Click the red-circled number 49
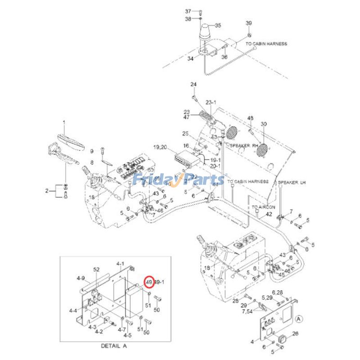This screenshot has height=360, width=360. click(149, 282)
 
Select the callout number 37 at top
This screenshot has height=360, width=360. click(188, 11)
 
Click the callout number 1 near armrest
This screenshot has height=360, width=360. click(63, 122)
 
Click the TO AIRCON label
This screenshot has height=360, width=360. click(263, 207)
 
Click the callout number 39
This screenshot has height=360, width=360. click(248, 23)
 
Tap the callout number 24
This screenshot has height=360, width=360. click(193, 85)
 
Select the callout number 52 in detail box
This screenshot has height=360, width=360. click(96, 270)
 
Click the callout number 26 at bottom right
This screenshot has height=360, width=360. click(295, 333)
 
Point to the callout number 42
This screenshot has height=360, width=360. click(269, 215)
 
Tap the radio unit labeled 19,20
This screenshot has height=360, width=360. click(185, 159)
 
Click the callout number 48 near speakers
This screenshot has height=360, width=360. click(251, 118)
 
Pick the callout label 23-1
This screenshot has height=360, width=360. click(211, 102)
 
